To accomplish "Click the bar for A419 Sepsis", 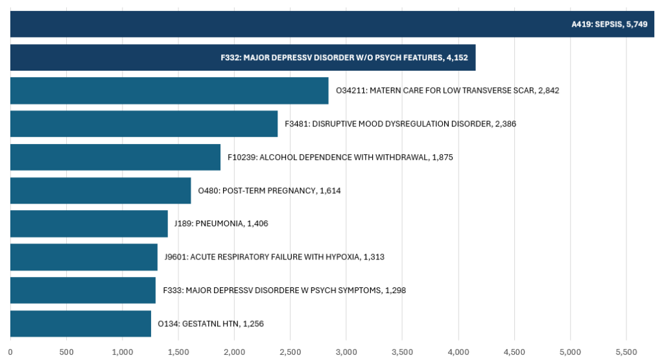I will pos(292,24).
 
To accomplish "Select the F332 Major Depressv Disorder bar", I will pos(117,58).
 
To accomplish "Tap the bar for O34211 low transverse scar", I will pos(169,91).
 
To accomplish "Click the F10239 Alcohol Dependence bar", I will pos(115,157).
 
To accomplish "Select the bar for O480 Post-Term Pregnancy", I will pos(101,191).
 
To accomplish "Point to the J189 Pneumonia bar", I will pos(89,224).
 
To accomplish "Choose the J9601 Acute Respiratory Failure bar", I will pos(84,257).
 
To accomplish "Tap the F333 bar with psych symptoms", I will pos(83,290).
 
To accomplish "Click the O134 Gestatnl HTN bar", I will pos(80,324).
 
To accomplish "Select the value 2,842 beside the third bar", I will pos(548,91).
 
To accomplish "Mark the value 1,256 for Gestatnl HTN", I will pos(254,324).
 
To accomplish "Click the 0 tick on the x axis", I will pos(10,352).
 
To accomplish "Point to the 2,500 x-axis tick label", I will pos(290,352).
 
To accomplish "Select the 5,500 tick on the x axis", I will pos(626,352).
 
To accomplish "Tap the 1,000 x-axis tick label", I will pos(122,352).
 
